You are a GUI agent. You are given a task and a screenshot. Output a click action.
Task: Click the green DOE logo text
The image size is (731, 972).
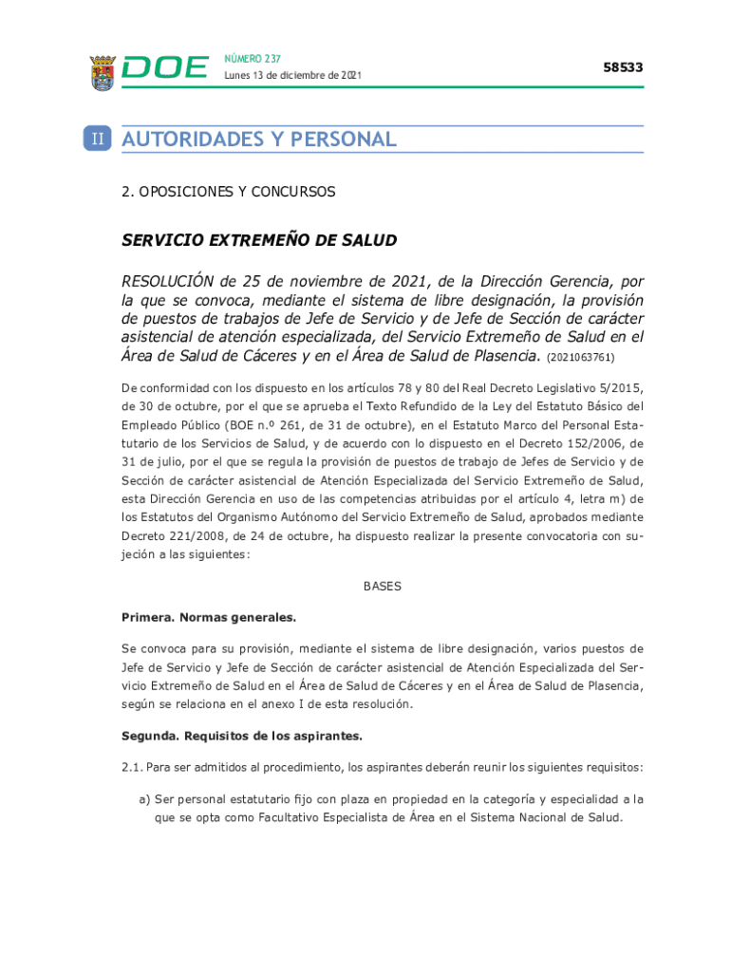click(x=165, y=68)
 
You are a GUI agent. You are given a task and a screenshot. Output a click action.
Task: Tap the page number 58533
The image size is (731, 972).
click(x=623, y=67)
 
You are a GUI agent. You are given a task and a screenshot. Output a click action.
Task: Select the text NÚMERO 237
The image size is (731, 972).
click(x=253, y=59)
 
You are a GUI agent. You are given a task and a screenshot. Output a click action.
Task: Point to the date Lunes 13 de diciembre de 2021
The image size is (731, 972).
click(x=292, y=75)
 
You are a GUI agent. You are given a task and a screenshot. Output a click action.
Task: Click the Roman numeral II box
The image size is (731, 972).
click(x=98, y=140)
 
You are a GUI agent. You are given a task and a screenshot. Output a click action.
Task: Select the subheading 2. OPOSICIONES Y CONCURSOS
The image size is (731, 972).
click(x=228, y=192)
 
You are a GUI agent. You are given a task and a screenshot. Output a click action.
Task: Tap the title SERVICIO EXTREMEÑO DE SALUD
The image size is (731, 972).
click(x=258, y=240)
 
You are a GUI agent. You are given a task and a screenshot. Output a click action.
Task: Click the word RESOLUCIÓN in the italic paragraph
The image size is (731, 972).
click(x=166, y=282)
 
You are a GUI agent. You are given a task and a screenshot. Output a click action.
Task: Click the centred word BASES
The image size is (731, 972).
click(x=383, y=586)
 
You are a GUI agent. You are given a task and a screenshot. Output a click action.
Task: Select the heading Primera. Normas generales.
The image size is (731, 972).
click(x=209, y=617)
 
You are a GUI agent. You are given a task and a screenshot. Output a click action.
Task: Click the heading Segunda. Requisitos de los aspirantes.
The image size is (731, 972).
click(x=241, y=736)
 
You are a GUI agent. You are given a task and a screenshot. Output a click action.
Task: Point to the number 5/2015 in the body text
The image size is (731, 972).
click(x=619, y=387)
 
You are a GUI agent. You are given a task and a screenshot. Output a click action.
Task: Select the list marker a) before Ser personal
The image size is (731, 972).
click(x=145, y=799)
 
